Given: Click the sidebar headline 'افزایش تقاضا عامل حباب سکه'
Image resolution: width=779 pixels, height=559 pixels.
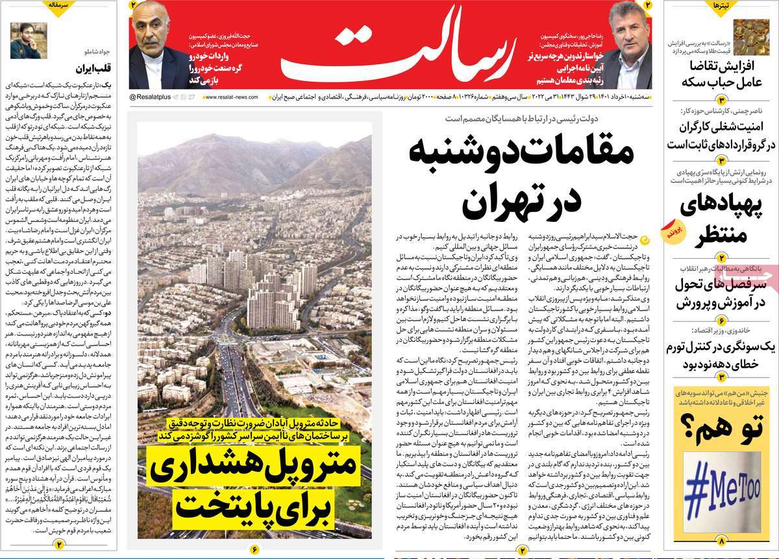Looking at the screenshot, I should tap(721, 74).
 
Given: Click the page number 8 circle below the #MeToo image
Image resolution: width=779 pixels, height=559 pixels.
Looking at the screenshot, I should tap(721, 540).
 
